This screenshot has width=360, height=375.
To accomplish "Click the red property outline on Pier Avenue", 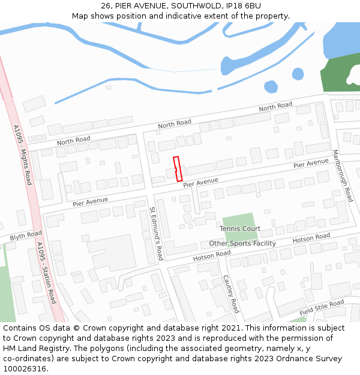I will [x=178, y=169].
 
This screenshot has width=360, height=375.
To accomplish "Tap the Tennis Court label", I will [x=240, y=229].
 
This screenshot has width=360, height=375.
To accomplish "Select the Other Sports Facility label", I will [x=242, y=243].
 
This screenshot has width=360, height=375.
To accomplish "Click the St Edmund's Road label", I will [x=157, y=233].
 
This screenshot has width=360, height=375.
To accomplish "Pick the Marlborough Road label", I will [x=343, y=175].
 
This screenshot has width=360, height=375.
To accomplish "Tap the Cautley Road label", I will [x=231, y=293].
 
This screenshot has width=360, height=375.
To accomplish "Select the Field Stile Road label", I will [x=322, y=308].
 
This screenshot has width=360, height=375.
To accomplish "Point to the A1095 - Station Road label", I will [x=46, y=272].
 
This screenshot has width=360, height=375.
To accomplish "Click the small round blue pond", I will [x=271, y=87].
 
